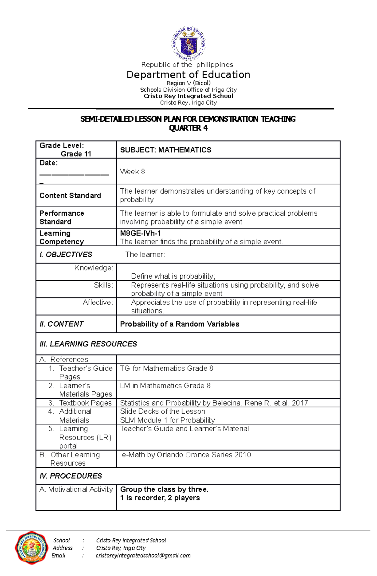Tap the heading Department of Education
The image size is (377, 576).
tap(188, 75)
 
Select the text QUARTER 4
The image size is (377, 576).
tap(188, 128)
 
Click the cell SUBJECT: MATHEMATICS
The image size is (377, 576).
tap(166, 150)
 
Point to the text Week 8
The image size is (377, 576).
tap(132, 172)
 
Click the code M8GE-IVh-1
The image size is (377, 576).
tap(140, 233)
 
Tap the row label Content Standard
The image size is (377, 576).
tap(70, 196)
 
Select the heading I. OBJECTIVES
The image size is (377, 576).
tap(66, 255)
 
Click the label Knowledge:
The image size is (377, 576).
tap(94, 268)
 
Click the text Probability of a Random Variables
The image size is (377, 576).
tap(179, 324)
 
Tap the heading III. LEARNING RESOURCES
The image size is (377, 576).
tap(88, 344)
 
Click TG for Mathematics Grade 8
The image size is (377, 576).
tap(167, 369)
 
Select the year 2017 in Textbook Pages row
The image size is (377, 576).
tap(300, 403)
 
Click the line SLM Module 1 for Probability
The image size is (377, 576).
tap(167, 420)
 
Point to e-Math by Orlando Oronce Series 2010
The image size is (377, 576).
tap(186, 455)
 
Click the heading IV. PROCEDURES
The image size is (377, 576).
tap(71, 476)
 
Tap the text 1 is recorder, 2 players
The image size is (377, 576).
tap(160, 498)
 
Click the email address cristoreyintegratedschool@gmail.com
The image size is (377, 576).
tap(143, 556)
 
